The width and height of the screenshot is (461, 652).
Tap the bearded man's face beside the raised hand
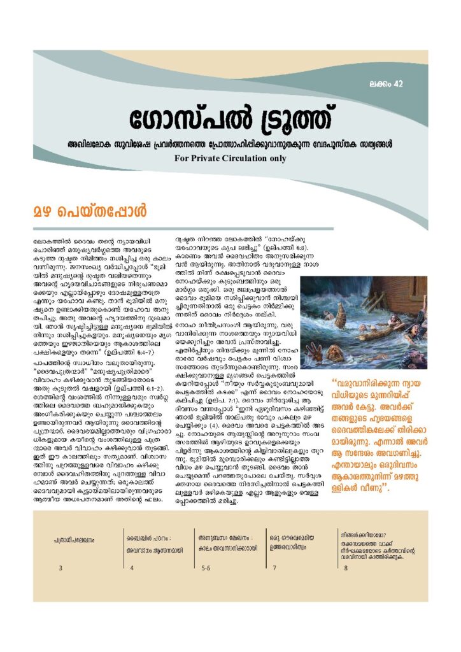coord(336,354)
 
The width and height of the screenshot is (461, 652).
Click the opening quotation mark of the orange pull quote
coord(336,384)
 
